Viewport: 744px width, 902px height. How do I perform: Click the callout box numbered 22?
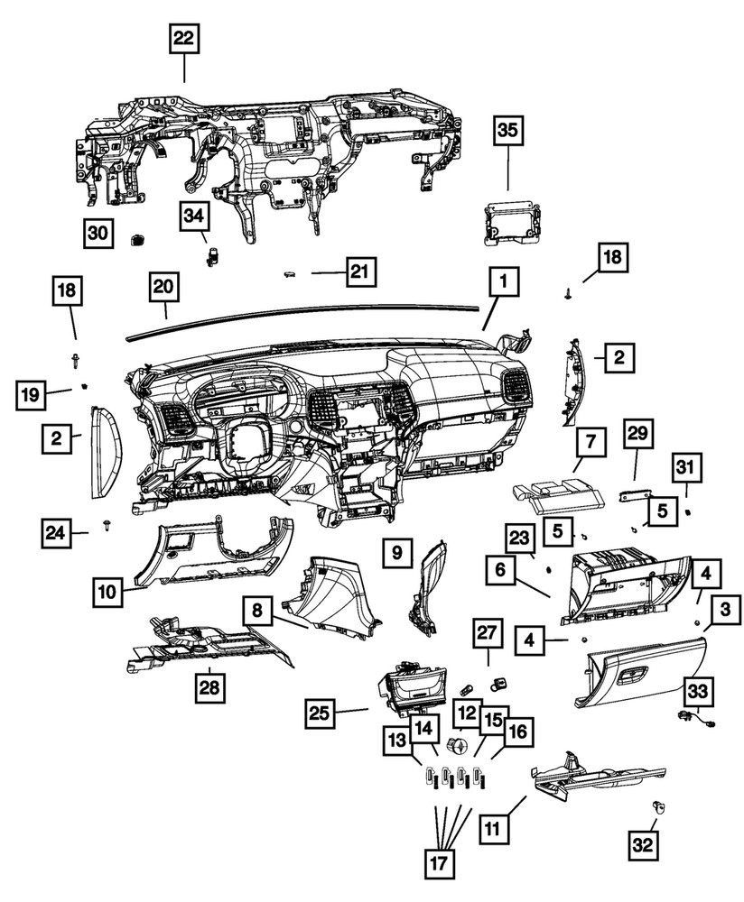(183, 39)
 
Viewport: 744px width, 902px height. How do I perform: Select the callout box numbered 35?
(507, 131)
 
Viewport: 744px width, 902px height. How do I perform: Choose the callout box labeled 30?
(98, 233)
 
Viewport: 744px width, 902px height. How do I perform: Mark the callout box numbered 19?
(31, 394)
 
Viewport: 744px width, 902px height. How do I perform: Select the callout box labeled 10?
(107, 593)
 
